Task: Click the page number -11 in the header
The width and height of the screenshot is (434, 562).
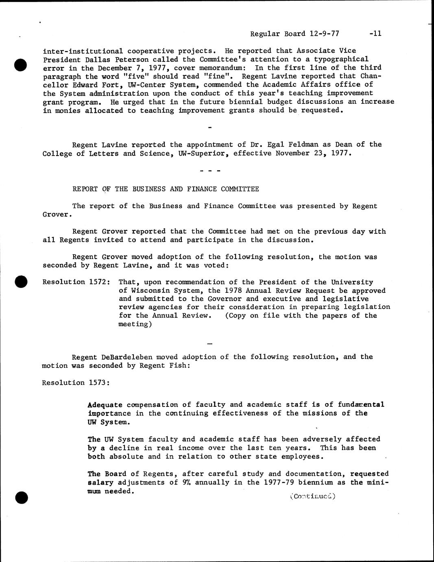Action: click(x=375, y=34)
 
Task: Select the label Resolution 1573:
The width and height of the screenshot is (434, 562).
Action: click(x=76, y=382)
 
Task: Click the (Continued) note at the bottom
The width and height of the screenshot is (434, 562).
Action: click(x=312, y=496)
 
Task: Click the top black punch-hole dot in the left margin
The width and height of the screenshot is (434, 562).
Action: click(x=20, y=64)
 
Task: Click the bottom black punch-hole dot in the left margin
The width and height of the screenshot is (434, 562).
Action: click(x=20, y=497)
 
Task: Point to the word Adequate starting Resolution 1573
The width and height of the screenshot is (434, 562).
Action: click(x=105, y=404)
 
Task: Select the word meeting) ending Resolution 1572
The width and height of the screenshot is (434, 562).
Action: click(x=135, y=324)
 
